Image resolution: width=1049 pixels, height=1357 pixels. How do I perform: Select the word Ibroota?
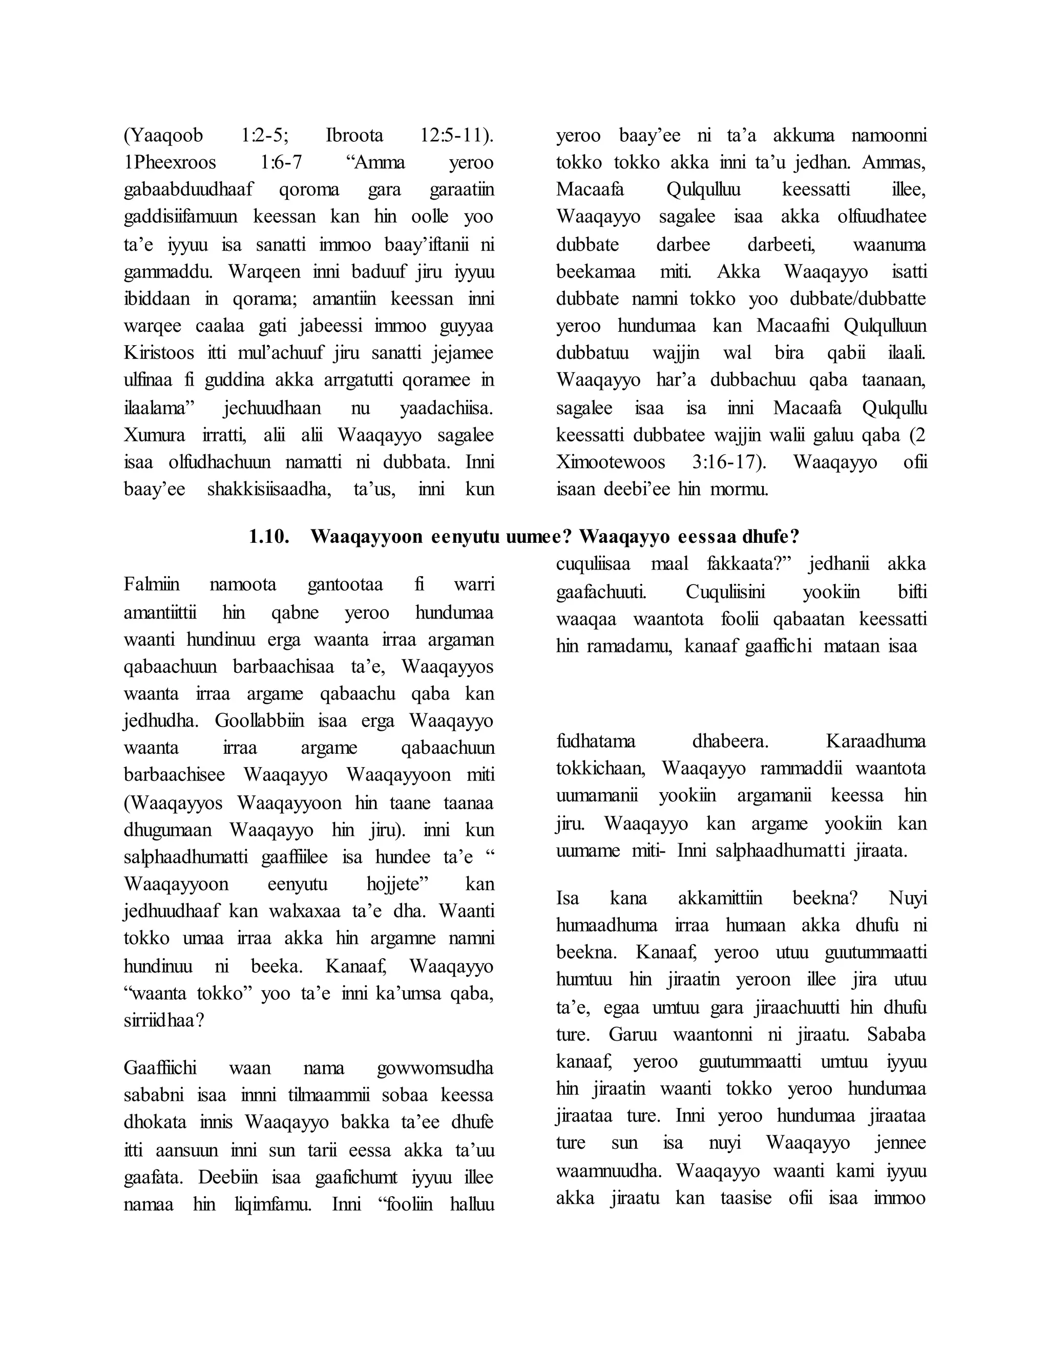[354, 136]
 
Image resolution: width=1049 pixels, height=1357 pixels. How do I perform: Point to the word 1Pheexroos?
[170, 163]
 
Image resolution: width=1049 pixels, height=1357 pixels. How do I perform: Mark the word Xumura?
[154, 435]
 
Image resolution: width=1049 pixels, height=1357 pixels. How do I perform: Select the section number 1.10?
[269, 536]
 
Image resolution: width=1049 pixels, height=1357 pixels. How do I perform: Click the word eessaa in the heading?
[715, 536]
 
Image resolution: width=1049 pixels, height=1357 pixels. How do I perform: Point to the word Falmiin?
[152, 585]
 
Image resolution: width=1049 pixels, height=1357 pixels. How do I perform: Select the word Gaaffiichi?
[160, 1068]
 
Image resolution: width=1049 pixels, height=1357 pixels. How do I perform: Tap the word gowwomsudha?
[435, 1068]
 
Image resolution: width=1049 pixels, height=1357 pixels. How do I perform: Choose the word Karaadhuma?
[875, 741]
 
